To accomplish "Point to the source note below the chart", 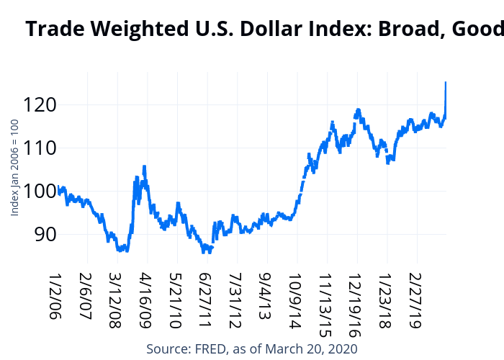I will tap(252, 348).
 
